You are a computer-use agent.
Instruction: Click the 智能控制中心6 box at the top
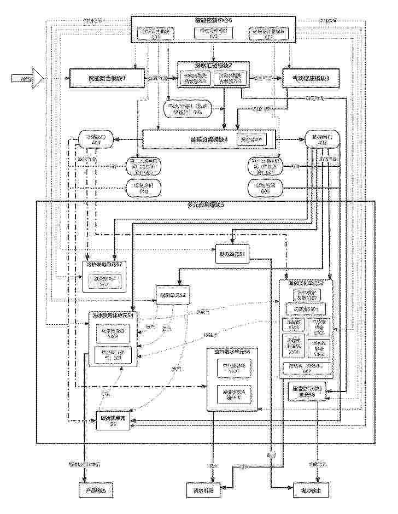(x=213, y=20)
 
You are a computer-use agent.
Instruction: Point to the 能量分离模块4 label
(x=189, y=139)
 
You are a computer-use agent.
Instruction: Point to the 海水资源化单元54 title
(x=114, y=316)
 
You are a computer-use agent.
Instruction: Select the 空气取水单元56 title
(x=232, y=351)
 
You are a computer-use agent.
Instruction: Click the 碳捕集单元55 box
(x=112, y=420)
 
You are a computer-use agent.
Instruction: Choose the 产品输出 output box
(x=95, y=490)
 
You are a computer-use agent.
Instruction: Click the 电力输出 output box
(x=312, y=490)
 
